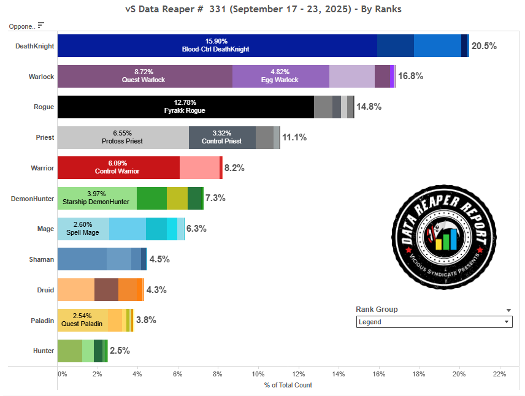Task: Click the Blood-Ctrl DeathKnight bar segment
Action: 217,45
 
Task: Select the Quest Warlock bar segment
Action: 145,76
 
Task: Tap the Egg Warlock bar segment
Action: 280,76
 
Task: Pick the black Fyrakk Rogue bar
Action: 185,107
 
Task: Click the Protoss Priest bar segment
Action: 123,137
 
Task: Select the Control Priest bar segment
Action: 222,137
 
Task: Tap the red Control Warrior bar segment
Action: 118,167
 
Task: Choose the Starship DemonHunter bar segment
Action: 97,198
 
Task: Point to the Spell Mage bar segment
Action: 83,229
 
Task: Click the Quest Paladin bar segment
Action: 82,320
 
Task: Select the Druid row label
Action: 45,290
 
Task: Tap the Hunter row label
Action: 44,351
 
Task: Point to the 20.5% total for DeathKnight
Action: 483,46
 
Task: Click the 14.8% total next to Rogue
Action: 369,107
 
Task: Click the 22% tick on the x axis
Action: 499,373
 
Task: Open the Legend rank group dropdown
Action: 434,322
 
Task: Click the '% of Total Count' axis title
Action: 288,385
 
